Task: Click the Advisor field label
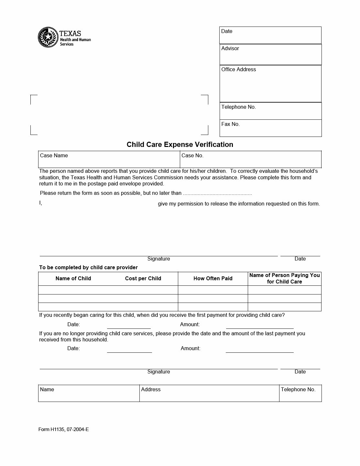[x=230, y=49]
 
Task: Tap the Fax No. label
[x=230, y=124]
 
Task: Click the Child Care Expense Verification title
[x=180, y=145]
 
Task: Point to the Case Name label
[x=54, y=156]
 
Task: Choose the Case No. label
[x=192, y=156]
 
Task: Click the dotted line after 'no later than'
[x=217, y=194]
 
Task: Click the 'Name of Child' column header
[x=73, y=279]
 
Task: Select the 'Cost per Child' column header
[x=143, y=279]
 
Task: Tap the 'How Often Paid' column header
[x=213, y=279]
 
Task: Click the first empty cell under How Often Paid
[x=213, y=290]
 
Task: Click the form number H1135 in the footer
[x=63, y=430]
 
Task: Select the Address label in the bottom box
[x=151, y=390]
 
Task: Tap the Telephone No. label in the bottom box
[x=298, y=390]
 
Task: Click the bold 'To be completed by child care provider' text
[x=88, y=268]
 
